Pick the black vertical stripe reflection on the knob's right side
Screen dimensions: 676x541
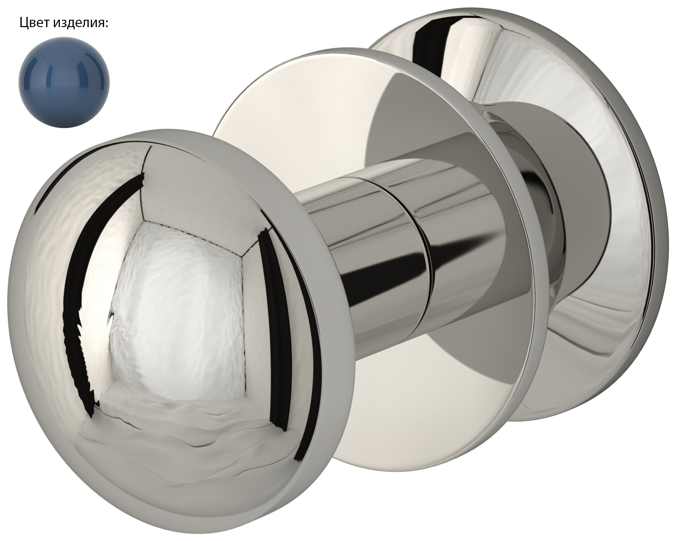[278, 327]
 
